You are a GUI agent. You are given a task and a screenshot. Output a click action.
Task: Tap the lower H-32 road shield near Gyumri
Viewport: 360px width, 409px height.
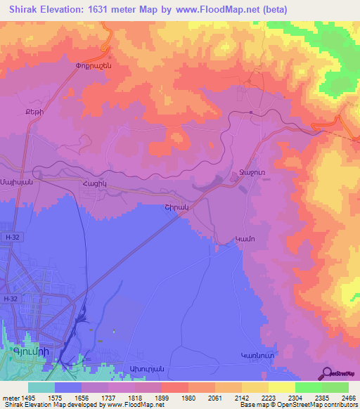tap(11, 299)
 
